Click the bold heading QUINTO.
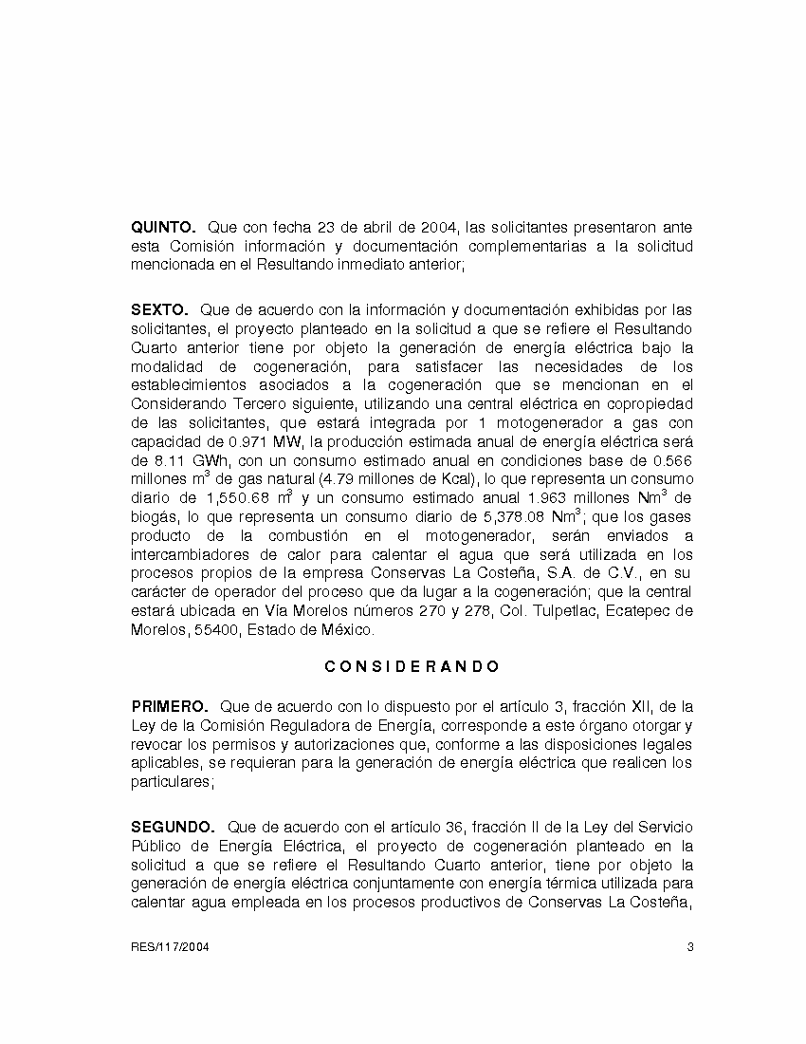(x=163, y=228)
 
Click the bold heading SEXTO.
(x=160, y=310)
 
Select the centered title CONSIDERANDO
(x=412, y=667)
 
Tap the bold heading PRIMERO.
(x=170, y=707)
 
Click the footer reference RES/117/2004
(x=171, y=947)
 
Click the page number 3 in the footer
(x=690, y=947)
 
